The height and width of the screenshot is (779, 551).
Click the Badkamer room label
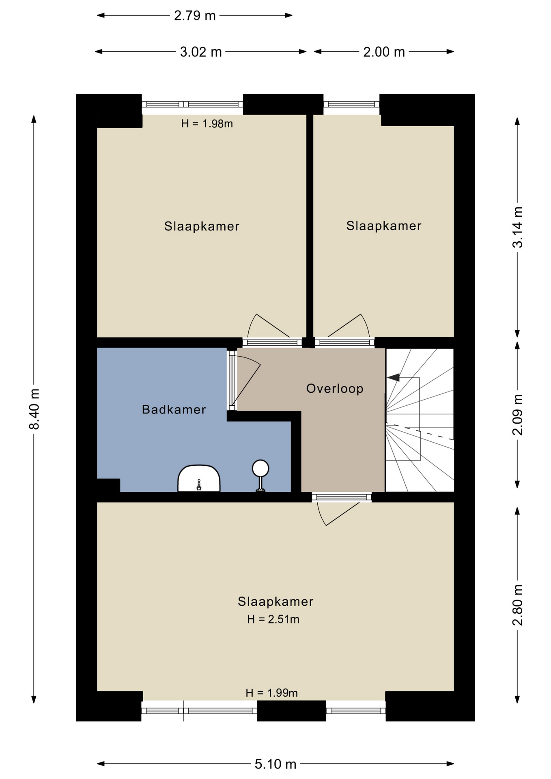174,409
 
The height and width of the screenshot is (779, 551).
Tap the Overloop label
335,389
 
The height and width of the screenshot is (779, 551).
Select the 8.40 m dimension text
34,409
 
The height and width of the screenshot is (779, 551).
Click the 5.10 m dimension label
275,764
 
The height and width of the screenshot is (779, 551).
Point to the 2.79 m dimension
195,15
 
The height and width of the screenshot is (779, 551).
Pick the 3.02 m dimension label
201,52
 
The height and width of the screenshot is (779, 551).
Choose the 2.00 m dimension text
384,52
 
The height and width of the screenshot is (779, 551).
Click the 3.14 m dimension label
517,227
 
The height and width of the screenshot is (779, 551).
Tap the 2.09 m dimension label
517,415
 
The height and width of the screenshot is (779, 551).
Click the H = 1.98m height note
207,124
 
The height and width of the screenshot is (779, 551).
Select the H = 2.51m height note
273,619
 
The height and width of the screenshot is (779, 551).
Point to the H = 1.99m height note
272,693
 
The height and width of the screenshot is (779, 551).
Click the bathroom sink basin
199,479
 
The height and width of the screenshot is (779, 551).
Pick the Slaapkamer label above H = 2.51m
275,601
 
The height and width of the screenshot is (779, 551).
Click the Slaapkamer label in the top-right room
384,226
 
